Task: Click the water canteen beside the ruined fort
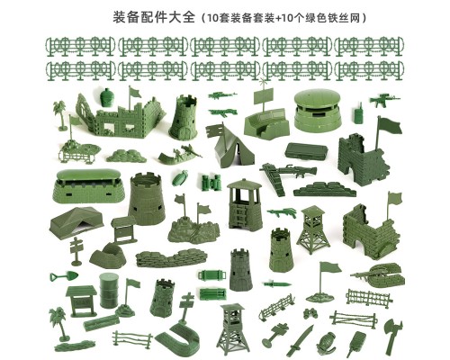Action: [106, 97]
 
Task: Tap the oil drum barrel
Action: [109, 291]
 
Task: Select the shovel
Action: [64, 276]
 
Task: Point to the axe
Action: [392, 332]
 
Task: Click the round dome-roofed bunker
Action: [318, 111]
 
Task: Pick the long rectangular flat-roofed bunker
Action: [87, 186]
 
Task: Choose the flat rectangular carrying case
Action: [306, 151]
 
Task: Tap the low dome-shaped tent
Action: [76, 221]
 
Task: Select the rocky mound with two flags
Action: [193, 224]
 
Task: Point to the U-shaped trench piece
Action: [179, 336]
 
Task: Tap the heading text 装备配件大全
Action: [154, 17]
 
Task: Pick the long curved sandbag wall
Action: [171, 258]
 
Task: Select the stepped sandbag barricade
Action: [325, 189]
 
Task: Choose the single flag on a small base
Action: [321, 282]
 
